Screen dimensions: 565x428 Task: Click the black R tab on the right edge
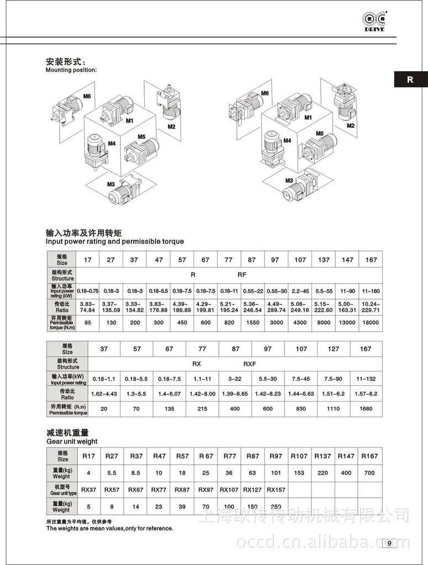[410, 79]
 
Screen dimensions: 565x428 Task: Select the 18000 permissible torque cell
[371, 322]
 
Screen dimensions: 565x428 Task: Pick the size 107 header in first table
[300, 259]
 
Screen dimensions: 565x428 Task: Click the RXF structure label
[250, 364]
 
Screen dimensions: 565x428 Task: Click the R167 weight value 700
[369, 473]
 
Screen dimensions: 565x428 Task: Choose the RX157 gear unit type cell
[276, 489]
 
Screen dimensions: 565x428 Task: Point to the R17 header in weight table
[88, 456]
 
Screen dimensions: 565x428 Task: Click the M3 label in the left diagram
[110, 184]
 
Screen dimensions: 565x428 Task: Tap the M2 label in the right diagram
[350, 126]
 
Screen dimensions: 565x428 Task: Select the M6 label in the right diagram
[265, 94]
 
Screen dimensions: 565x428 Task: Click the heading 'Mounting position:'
[71, 70]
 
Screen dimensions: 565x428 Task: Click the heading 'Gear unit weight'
[72, 441]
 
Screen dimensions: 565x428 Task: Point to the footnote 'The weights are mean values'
[109, 528]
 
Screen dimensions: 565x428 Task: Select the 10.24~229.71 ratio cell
[371, 306]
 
